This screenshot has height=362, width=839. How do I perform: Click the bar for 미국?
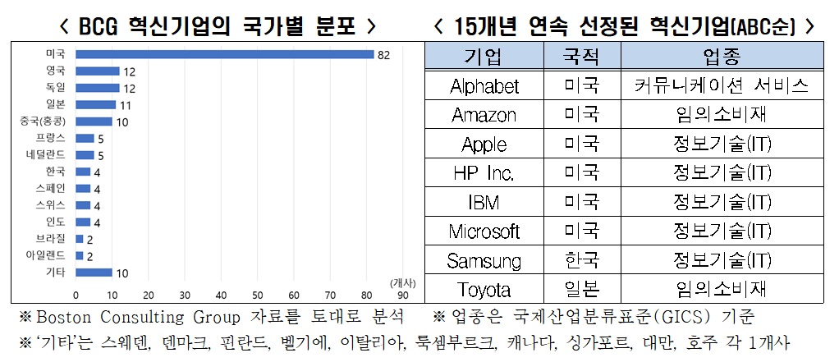click(224, 55)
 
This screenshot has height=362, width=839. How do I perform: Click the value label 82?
click(383, 55)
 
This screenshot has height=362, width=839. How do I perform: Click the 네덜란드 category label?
click(46, 155)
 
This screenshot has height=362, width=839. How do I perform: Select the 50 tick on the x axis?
click(257, 296)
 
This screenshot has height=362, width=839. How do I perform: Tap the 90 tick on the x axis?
click(402, 296)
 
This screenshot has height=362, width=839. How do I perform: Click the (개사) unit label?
click(403, 283)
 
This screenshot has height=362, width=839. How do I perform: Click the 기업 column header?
click(484, 57)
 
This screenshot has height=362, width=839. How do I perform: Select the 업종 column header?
click(722, 57)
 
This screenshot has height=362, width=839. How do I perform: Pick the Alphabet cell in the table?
click(484, 86)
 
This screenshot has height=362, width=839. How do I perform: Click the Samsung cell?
click(484, 261)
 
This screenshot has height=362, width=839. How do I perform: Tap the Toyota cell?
click(484, 290)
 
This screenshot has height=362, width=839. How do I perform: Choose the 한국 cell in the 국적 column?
click(582, 261)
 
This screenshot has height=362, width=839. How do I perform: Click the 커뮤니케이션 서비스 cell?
click(722, 86)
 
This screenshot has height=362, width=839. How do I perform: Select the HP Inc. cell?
click(484, 173)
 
